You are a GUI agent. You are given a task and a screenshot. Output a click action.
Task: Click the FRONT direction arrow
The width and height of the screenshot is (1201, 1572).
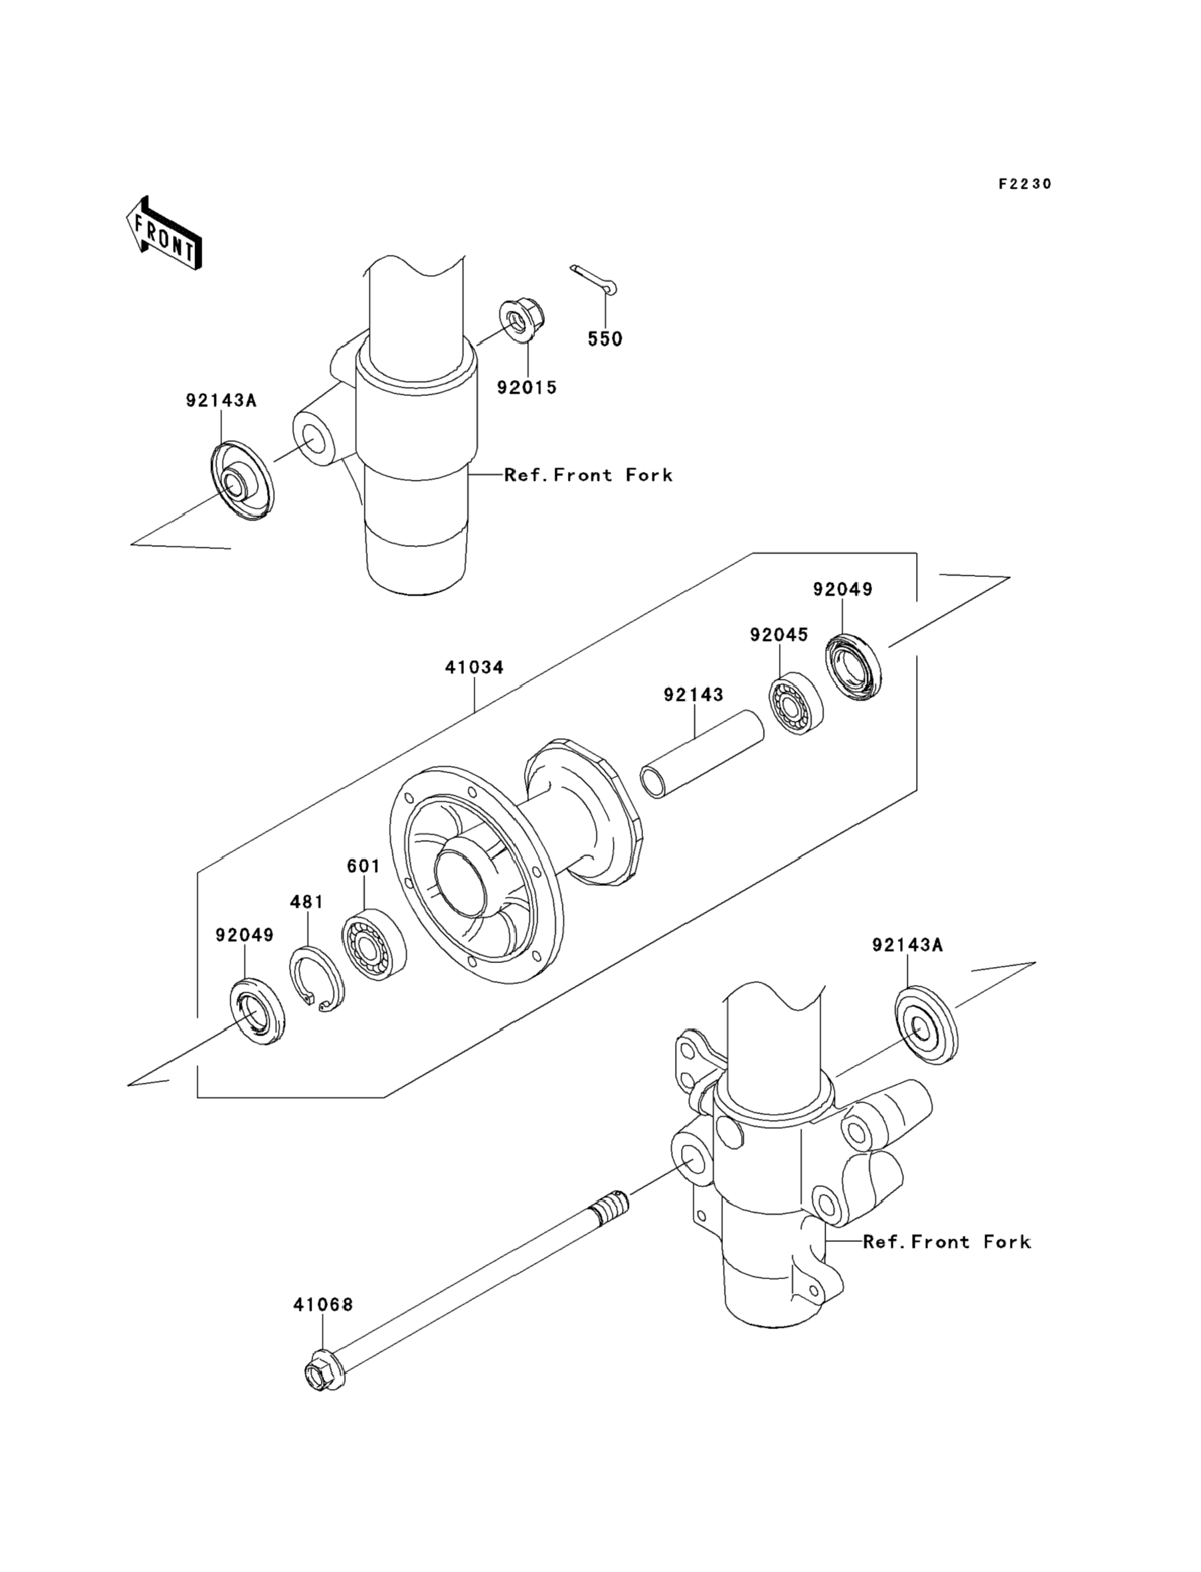(x=164, y=233)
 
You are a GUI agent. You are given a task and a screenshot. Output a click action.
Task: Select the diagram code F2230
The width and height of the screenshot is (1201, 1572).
(x=1025, y=184)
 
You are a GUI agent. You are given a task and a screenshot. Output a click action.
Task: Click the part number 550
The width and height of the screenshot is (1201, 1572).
(x=604, y=339)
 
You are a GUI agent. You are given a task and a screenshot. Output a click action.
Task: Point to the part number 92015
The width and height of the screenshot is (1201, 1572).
(x=527, y=387)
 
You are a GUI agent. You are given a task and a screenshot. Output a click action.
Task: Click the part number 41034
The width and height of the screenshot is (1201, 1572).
(x=475, y=668)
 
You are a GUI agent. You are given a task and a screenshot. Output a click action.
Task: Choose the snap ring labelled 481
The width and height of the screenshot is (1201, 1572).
(x=317, y=978)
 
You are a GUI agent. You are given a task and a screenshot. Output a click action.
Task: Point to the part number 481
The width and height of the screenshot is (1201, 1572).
(x=307, y=902)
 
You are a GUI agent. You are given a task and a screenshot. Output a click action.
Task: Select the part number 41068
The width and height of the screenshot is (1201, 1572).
(x=323, y=1304)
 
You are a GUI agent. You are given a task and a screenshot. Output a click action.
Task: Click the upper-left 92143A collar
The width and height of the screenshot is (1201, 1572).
(x=242, y=481)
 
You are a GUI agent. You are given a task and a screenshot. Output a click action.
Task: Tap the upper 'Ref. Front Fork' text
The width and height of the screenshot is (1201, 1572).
(x=589, y=475)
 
